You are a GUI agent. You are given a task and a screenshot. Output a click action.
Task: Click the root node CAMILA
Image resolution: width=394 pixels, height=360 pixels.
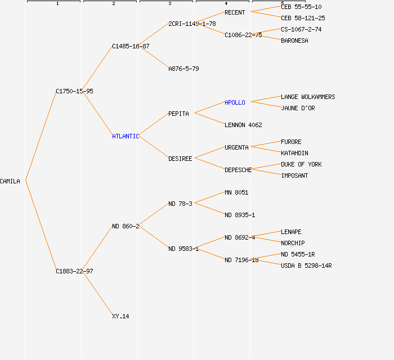(10, 181)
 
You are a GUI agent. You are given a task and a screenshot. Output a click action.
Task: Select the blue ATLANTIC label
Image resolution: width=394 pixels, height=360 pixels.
(125, 136)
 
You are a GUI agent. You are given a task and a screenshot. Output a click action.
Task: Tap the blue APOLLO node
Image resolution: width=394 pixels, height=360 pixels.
(235, 102)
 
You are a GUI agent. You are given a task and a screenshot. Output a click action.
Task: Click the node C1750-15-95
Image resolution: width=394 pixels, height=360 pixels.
(74, 91)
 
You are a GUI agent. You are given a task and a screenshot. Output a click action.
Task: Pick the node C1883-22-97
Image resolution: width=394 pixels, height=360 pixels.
(74, 271)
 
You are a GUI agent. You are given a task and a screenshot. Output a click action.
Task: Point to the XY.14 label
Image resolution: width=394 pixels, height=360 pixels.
(120, 316)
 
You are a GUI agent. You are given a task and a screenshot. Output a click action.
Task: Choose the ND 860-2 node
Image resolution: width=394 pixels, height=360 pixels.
(126, 226)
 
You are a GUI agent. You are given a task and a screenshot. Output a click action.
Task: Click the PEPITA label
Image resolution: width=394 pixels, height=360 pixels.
(178, 114)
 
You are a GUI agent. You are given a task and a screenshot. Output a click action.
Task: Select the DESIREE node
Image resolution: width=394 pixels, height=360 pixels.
(180, 159)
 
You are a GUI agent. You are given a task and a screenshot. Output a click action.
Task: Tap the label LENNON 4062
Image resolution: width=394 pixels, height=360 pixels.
(243, 125)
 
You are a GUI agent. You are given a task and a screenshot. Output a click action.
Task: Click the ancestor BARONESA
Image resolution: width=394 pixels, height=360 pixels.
(294, 40)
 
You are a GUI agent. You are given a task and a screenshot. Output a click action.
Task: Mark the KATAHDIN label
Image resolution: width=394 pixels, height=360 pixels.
(294, 153)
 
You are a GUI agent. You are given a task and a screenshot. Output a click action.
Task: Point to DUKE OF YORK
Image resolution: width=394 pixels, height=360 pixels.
(301, 164)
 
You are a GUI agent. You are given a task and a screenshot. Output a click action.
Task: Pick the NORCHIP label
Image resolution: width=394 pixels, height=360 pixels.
(293, 243)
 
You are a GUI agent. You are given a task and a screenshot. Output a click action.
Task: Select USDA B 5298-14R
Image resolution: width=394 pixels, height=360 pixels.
(306, 265)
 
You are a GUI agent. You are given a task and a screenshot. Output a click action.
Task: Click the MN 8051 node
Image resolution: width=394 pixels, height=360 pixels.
(236, 192)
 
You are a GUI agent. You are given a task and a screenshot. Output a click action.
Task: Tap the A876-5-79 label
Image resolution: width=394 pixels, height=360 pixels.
(183, 69)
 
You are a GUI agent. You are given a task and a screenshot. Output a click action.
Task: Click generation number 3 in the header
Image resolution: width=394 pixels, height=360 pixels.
(169, 4)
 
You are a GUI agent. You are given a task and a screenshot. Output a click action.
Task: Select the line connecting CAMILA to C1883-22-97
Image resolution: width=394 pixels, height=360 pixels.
(41, 226)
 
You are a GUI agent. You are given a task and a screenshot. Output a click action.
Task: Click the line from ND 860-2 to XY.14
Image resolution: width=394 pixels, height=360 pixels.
(97, 293)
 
